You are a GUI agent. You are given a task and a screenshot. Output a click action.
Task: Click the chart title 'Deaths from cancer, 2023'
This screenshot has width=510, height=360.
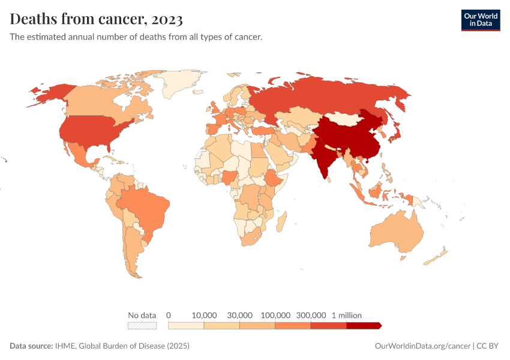click(96, 19)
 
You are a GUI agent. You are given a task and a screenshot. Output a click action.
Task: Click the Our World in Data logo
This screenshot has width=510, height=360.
click(480, 19)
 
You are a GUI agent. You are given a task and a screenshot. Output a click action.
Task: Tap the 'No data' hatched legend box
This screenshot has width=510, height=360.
click(142, 326)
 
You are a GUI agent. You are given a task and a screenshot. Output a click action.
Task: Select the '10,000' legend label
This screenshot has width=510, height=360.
click(204, 315)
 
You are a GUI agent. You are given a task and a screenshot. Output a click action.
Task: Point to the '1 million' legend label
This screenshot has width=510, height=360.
click(347, 315)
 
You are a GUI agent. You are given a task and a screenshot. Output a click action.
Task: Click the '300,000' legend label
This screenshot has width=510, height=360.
click(311, 315)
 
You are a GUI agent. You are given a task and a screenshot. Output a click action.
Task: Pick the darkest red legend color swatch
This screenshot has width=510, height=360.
click(363, 326)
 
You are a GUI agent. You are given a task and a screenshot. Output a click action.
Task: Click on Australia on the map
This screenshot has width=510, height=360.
click(396, 234)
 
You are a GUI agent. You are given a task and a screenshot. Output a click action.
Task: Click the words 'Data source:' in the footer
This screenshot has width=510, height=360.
click(31, 346)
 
